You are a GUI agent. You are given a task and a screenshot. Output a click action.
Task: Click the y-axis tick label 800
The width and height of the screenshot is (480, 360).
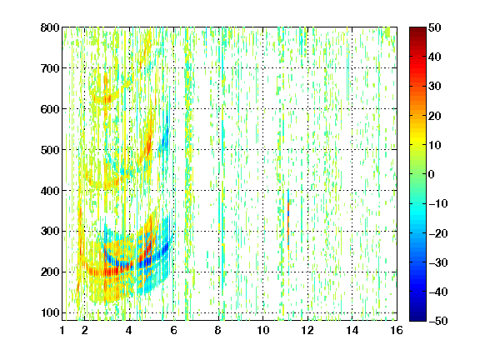point(50,27)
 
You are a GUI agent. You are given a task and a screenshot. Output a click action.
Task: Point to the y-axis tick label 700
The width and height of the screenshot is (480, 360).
point(50,68)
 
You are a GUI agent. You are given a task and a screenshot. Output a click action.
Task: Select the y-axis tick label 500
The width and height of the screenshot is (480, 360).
point(50,150)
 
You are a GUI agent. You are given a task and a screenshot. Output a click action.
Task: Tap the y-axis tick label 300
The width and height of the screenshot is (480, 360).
point(50,231)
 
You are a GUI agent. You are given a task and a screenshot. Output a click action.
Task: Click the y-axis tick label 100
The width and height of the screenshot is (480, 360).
point(50,312)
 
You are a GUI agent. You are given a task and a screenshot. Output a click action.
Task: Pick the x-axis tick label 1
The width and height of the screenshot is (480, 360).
point(62,330)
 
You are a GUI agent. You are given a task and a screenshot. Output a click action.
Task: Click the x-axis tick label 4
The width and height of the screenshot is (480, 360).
point(129,330)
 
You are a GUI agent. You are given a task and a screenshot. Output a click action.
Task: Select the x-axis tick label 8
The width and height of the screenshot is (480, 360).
point(218,330)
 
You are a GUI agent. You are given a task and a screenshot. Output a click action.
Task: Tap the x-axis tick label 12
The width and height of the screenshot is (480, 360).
point(307,330)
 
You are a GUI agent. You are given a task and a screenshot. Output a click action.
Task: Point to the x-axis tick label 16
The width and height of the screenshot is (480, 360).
point(397,330)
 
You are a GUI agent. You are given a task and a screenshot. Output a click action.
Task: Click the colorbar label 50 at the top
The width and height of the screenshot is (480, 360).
point(434,27)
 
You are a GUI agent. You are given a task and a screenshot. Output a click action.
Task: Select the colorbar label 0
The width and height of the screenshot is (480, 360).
point(432,174)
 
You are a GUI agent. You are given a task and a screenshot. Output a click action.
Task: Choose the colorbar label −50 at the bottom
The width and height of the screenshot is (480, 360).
point(438,321)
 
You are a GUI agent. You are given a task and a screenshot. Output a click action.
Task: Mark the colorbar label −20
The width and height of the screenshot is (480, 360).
point(438,233)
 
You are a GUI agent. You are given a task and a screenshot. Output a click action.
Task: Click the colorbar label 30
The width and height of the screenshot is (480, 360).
point(434,87)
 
